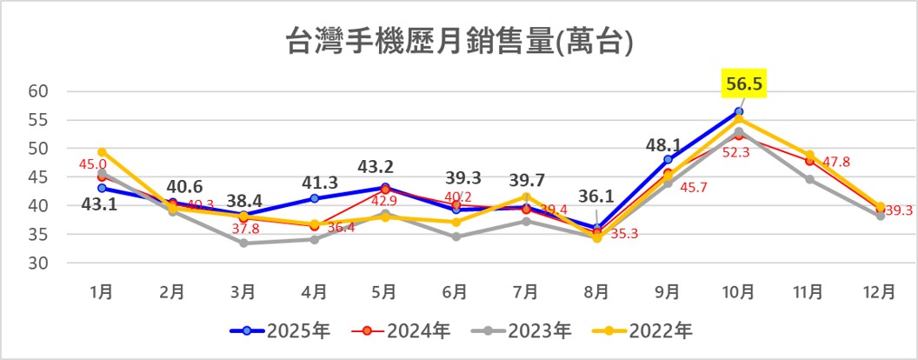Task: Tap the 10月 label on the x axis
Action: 738,293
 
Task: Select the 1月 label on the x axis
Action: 102,293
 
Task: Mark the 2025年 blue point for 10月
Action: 739,111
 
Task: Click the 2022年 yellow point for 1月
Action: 102,152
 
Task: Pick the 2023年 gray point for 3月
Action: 243,243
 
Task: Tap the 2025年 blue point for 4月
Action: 314,198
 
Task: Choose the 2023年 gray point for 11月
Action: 809,179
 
